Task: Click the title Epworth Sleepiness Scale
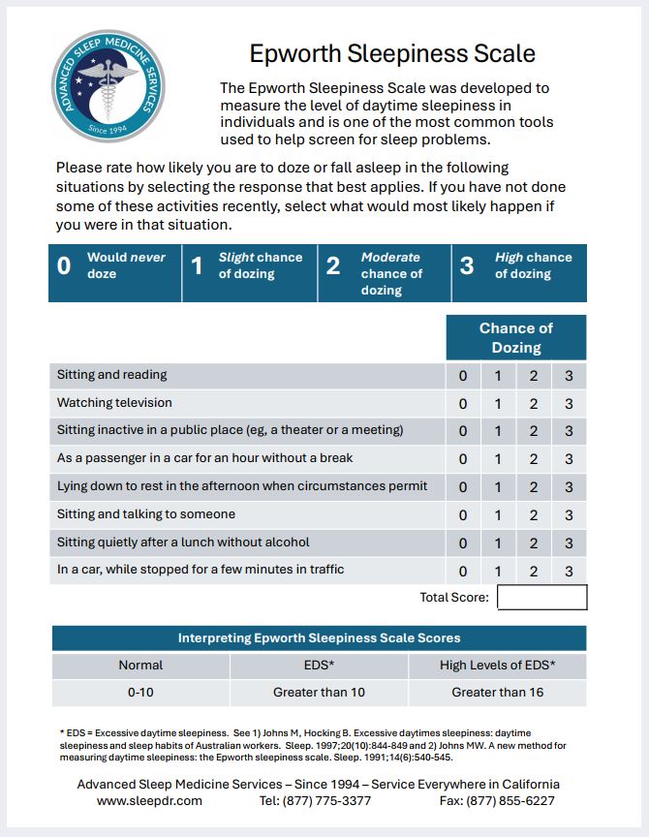click(x=392, y=52)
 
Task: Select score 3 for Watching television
click(x=569, y=404)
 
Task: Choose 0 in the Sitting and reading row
click(x=463, y=376)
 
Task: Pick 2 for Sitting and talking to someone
click(x=533, y=515)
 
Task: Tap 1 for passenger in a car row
click(x=498, y=459)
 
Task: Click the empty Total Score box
click(x=541, y=598)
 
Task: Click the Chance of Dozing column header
click(x=515, y=337)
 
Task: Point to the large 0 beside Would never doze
click(x=64, y=266)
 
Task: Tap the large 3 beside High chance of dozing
click(x=467, y=266)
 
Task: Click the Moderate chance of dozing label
click(x=390, y=273)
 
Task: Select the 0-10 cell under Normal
click(x=140, y=693)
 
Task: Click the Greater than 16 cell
click(x=497, y=693)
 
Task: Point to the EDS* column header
click(x=319, y=666)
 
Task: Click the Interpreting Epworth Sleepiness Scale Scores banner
click(x=319, y=638)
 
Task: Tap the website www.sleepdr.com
click(x=149, y=801)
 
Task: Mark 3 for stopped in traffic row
click(x=569, y=572)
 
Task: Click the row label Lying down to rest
click(x=242, y=486)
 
